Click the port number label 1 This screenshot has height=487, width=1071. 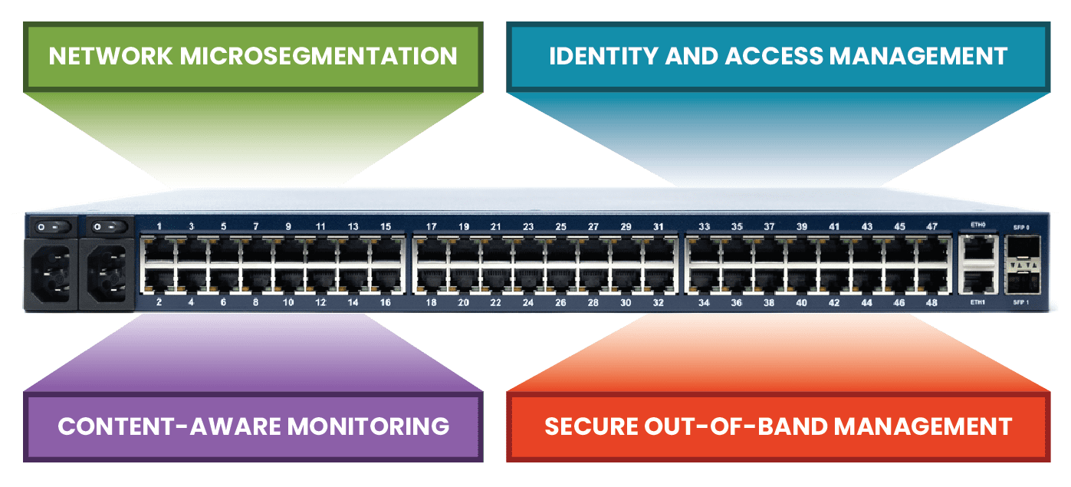click(x=159, y=226)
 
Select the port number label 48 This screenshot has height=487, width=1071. click(x=931, y=303)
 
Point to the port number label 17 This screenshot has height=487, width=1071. click(x=432, y=227)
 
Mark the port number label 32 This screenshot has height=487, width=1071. click(x=658, y=303)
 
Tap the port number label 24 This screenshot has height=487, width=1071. click(x=528, y=303)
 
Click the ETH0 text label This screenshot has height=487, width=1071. click(x=977, y=225)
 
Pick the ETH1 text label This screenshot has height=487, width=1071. click(x=977, y=302)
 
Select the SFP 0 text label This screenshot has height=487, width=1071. click(x=1022, y=228)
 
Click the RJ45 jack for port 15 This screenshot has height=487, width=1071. click(x=385, y=248)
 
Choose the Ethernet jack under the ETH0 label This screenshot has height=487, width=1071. click(x=977, y=248)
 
